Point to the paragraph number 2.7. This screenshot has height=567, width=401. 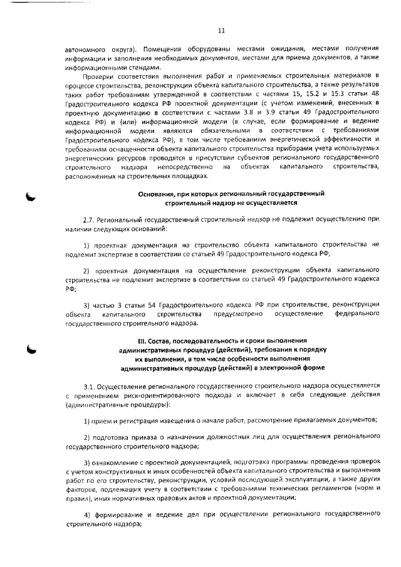coord(91,221)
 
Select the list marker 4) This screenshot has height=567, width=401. coord(87,514)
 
